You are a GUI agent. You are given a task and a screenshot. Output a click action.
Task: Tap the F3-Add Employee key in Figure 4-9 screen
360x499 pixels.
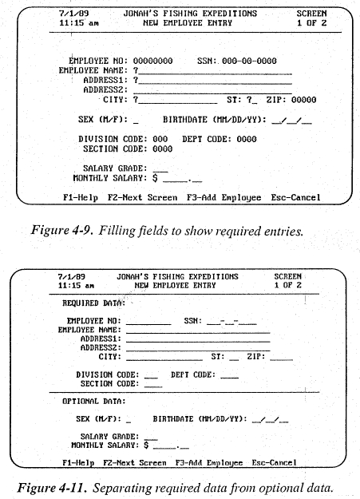coord(224,196)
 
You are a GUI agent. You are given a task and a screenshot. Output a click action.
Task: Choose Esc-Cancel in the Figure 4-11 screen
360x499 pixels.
coord(274,462)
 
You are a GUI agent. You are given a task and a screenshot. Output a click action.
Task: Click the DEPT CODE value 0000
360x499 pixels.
coord(246,138)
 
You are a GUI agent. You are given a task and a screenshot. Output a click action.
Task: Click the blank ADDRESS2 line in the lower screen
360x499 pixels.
coord(197,348)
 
